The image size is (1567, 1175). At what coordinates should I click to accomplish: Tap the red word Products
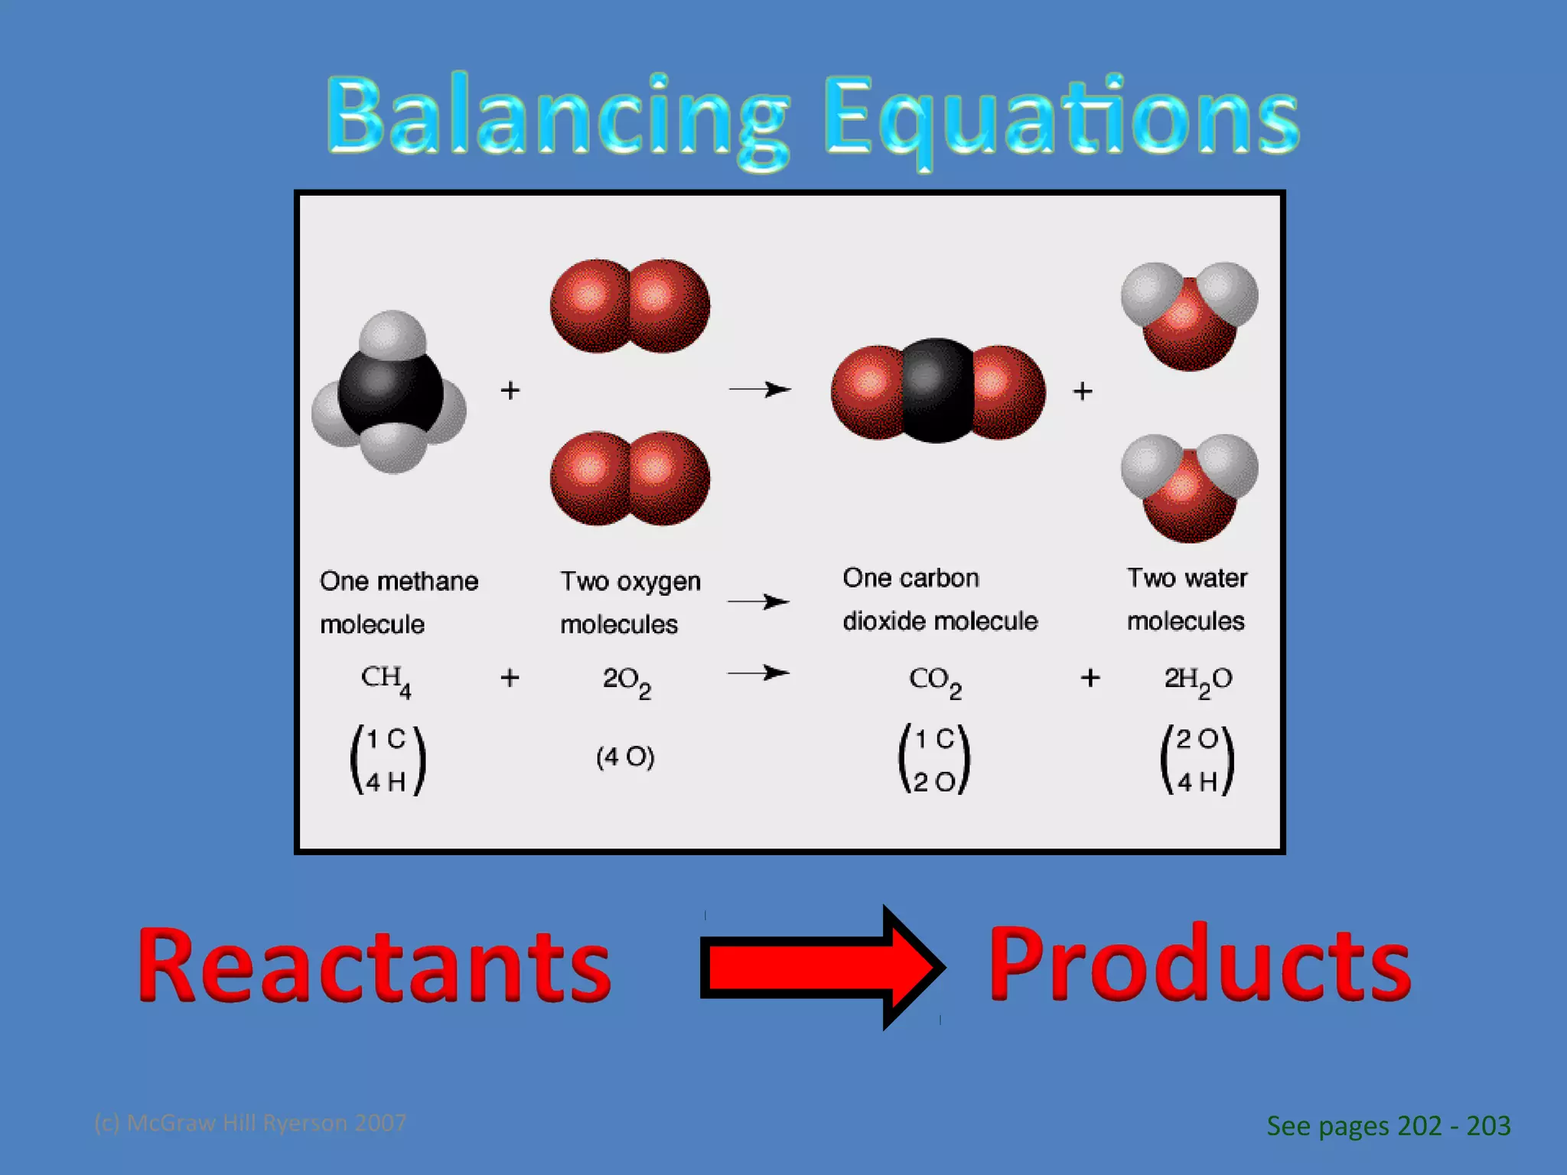(x=1199, y=965)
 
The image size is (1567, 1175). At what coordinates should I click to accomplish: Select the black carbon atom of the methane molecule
(x=390, y=394)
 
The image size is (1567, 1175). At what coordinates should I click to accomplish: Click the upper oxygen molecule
(x=630, y=306)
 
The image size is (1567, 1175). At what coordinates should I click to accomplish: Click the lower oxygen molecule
(x=630, y=479)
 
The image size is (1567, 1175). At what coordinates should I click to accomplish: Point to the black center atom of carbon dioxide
(x=937, y=391)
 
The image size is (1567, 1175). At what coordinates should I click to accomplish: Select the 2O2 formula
(x=627, y=681)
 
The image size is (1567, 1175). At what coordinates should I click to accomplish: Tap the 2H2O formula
(x=1197, y=681)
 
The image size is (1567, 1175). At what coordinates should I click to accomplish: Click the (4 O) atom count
(x=625, y=757)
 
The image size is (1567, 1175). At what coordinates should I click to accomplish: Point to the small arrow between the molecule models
(x=759, y=390)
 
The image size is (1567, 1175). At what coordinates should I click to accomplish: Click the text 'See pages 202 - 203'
(x=1388, y=1126)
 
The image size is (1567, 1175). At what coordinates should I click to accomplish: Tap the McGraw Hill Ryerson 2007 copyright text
(x=250, y=1123)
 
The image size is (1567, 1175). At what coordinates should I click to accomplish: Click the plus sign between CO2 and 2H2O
(x=1090, y=678)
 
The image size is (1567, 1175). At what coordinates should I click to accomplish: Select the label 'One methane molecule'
(x=399, y=602)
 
